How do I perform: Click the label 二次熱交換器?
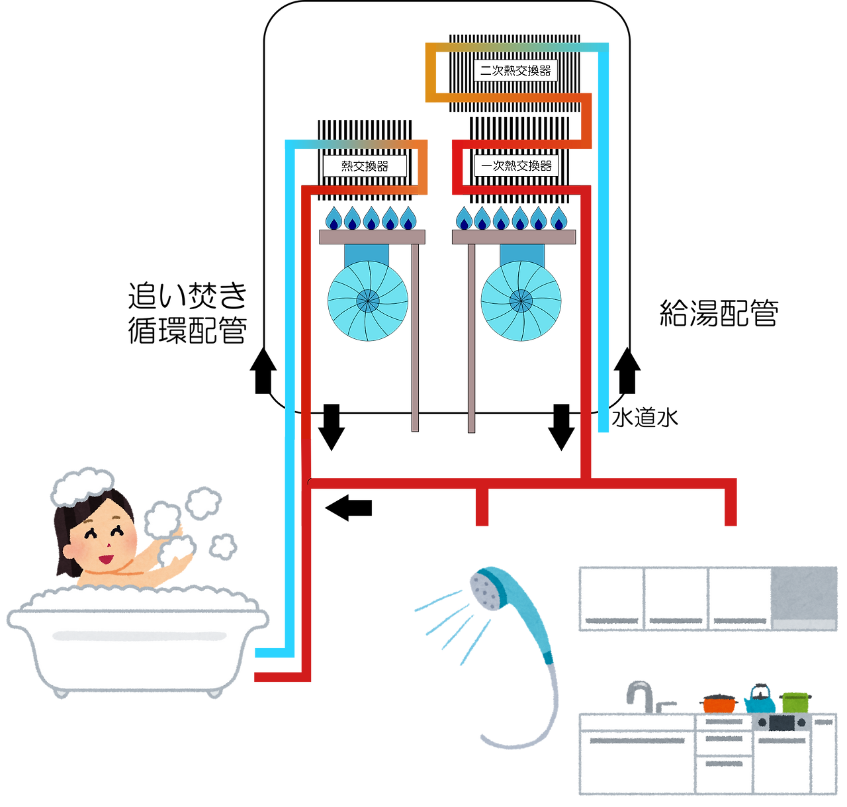tap(515, 71)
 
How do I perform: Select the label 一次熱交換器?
tap(516, 166)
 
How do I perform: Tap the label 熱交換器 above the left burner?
tap(365, 166)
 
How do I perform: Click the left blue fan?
tap(368, 301)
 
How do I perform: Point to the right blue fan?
tap(521, 301)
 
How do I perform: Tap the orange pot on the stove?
tap(719, 702)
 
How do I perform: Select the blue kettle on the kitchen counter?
tap(759, 698)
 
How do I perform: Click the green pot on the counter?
tap(795, 700)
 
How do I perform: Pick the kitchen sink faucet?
tap(640, 694)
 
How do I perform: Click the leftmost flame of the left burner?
tap(333, 218)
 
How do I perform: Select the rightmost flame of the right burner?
tap(559, 218)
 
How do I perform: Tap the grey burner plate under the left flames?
tap(372, 237)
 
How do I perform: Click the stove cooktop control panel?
tap(781, 722)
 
